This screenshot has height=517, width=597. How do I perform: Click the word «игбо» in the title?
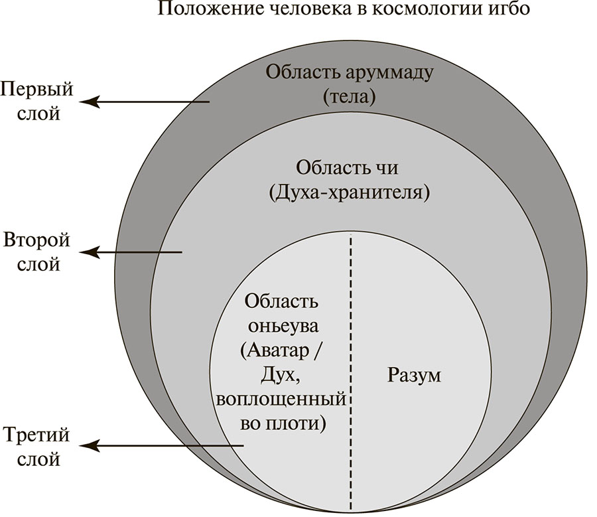(x=509, y=11)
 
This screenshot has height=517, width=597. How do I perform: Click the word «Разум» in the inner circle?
(x=413, y=376)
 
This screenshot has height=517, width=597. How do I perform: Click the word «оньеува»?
(x=282, y=327)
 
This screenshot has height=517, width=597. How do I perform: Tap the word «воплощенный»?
(x=282, y=400)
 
